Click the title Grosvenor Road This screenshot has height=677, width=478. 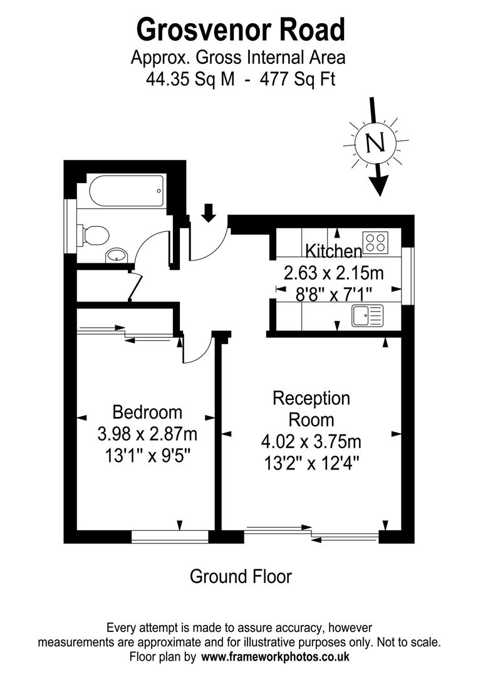click(241, 29)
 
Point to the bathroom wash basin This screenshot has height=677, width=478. click(117, 255)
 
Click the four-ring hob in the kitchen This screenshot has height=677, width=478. click(376, 242)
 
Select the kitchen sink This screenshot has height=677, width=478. click(368, 315)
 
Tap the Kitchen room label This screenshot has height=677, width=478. click(333, 251)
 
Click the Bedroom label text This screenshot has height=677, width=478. click(147, 412)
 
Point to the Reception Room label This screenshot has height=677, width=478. click(311, 408)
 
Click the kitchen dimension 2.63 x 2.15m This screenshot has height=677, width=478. click(333, 273)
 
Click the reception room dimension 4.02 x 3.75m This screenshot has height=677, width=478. click(311, 441)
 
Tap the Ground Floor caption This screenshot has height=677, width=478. click(241, 576)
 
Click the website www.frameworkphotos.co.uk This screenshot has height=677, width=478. click(275, 657)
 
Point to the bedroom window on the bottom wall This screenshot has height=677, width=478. click(170, 536)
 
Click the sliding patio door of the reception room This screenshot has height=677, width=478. click(311, 534)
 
